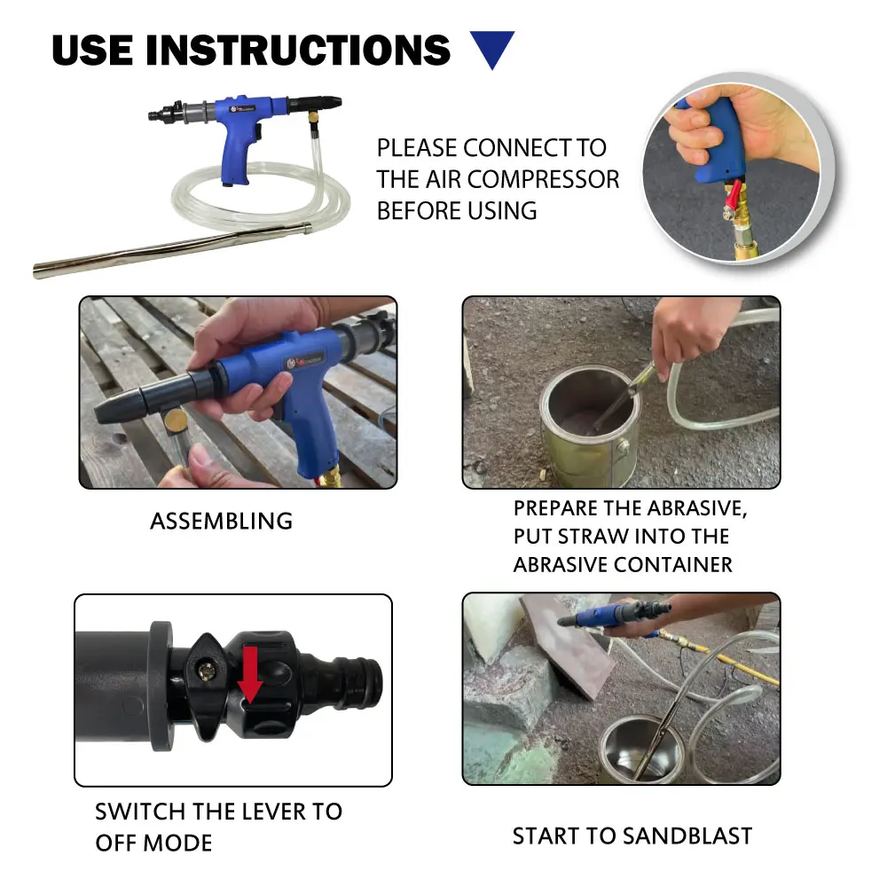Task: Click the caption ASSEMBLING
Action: coord(221,521)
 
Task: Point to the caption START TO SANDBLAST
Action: coord(632,836)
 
